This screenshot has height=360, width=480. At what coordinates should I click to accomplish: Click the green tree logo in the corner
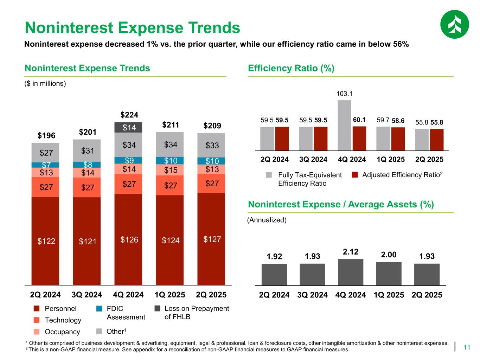tap(454, 24)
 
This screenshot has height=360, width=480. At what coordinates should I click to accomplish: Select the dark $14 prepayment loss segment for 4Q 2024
tap(128, 127)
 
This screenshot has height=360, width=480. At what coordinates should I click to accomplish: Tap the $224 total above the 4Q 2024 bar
tap(129, 115)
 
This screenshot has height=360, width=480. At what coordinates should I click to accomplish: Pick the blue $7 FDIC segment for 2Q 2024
tap(45, 165)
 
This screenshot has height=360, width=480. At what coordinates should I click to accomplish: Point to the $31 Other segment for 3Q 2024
tap(87, 151)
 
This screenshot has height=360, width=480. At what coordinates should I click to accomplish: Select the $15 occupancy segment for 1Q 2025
tap(170, 170)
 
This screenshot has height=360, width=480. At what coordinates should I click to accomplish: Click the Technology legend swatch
tap(36, 320)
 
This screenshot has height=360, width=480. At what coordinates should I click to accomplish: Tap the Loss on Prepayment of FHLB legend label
tap(197, 313)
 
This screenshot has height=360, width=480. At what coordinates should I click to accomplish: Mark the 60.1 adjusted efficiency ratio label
tap(359, 120)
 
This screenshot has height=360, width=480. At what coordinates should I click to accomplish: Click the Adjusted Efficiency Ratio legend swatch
tap(355, 175)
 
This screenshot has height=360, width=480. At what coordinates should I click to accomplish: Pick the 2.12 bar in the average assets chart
tap(351, 272)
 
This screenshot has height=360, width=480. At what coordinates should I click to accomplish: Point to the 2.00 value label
tap(389, 255)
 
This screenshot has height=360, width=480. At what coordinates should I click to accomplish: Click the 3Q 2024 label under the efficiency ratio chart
tap(313, 159)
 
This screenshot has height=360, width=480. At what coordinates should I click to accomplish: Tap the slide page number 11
tap(467, 348)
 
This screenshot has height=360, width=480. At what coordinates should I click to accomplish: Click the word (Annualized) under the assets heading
tap(267, 220)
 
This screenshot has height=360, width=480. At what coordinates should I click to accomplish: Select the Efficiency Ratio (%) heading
tap(291, 68)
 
